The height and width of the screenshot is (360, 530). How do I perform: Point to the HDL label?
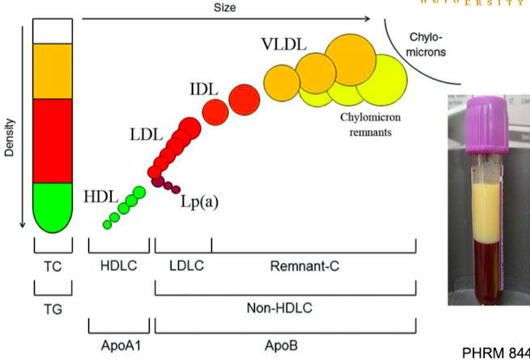[x=100, y=196]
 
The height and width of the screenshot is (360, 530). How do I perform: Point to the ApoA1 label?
[x=118, y=345]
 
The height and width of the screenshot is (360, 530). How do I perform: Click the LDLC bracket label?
[x=182, y=265]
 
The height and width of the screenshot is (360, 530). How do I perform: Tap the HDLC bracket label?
[x=118, y=265]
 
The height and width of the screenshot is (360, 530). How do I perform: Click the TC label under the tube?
[x=52, y=265]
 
